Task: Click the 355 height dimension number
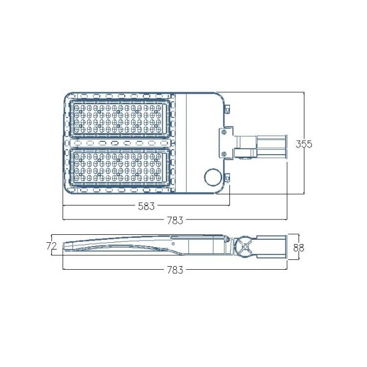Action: coord(304,144)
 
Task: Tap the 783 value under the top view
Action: coord(176,220)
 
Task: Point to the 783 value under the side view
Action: coord(176,269)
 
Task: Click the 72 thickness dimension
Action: coord(51,246)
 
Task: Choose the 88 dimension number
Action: coord(299,248)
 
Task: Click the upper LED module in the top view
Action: coord(120,119)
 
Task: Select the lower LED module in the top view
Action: coord(120,167)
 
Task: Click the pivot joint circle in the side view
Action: coord(244,248)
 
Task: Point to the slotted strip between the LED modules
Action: coord(120,143)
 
